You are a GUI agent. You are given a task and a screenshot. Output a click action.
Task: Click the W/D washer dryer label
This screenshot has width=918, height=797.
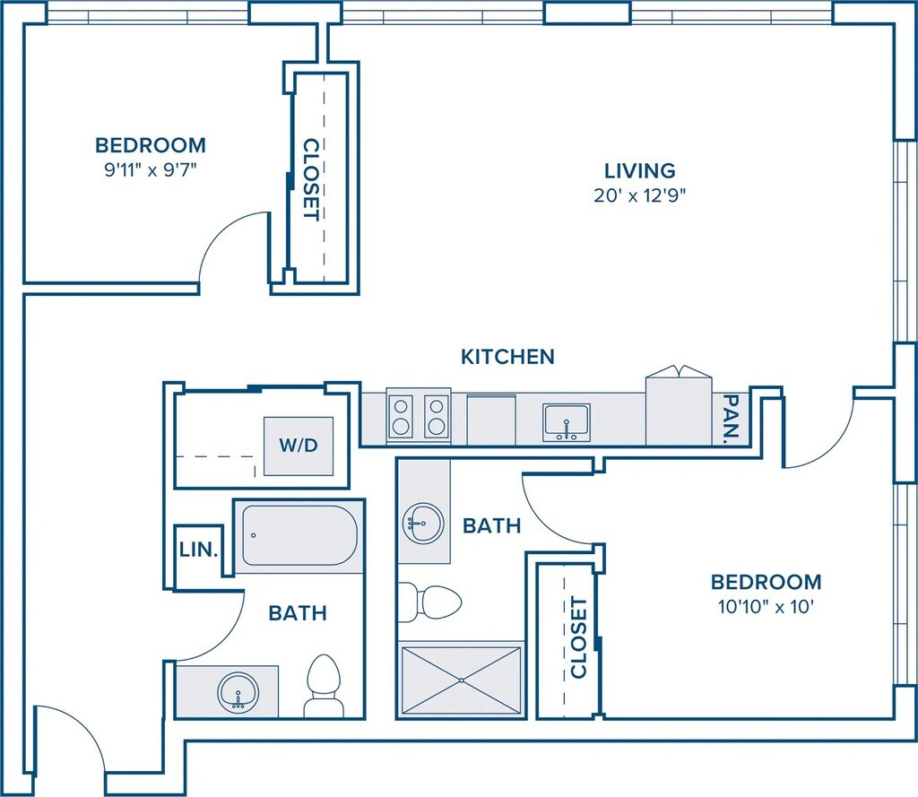coord(299,445)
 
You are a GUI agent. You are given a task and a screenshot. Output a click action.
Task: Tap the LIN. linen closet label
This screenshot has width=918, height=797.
coord(199,550)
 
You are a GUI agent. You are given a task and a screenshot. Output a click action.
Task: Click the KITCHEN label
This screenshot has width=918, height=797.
coord(507,357)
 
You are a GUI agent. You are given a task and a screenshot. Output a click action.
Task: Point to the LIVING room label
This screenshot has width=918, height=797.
coord(640,170)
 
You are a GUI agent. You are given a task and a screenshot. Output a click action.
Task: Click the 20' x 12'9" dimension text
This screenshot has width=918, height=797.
coord(639,195)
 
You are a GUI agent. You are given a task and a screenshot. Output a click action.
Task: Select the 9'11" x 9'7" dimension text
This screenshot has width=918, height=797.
coord(150,170)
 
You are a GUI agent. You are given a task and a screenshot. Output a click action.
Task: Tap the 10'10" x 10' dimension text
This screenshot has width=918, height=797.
coord(766,607)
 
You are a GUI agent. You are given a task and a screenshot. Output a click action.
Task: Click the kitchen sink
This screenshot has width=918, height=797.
coord(567,421)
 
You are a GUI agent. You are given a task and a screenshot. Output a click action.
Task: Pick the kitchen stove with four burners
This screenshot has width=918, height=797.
coord(419,416)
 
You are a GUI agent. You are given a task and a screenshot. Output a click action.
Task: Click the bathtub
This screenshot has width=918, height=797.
coord(299,535)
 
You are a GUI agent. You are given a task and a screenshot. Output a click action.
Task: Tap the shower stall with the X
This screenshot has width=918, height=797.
coord(462,680)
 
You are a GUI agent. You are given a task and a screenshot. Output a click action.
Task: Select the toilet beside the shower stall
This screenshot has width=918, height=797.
coord(429,602)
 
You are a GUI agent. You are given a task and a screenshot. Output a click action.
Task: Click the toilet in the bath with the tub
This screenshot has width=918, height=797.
coord(323,685)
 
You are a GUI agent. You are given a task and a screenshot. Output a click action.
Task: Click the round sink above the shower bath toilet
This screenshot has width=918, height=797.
coord(423,523)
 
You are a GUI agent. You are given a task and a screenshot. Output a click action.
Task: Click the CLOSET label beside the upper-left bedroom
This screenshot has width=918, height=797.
coord(311,179)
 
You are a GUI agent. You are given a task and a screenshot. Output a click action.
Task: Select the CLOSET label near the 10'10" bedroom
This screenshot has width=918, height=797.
coord(578,637)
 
